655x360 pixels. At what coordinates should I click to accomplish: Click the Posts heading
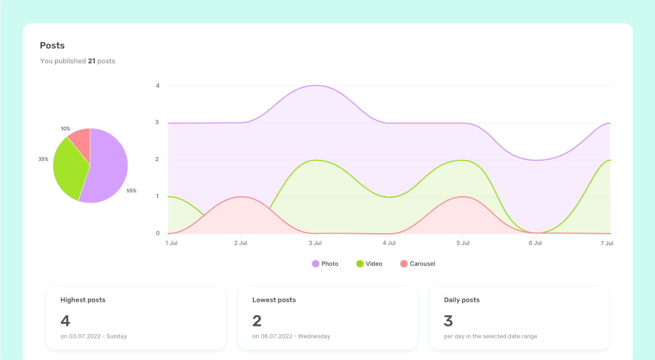point(52,45)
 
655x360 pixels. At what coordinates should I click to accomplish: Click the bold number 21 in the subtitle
point(91,61)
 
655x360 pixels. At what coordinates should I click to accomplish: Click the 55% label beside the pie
point(131,191)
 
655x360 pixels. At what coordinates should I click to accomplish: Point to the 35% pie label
point(43,159)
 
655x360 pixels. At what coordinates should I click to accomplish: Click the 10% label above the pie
point(65,129)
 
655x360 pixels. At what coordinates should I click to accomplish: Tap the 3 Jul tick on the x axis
point(315,243)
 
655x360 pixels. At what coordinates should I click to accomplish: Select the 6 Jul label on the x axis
point(535,243)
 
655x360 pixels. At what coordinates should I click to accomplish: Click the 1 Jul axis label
point(171,243)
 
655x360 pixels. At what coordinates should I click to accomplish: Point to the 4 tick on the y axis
point(158,86)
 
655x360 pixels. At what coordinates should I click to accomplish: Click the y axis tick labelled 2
point(157,159)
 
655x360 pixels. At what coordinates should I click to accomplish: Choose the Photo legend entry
point(325,264)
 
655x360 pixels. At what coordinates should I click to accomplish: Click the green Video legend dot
point(360,264)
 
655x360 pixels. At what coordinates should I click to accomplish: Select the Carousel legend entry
point(418,264)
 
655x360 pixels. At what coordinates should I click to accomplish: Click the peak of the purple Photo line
point(316,85)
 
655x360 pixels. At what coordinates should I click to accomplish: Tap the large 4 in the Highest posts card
point(65,321)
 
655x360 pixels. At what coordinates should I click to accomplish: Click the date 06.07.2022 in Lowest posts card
point(276,336)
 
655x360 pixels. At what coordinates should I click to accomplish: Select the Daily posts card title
point(461,300)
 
